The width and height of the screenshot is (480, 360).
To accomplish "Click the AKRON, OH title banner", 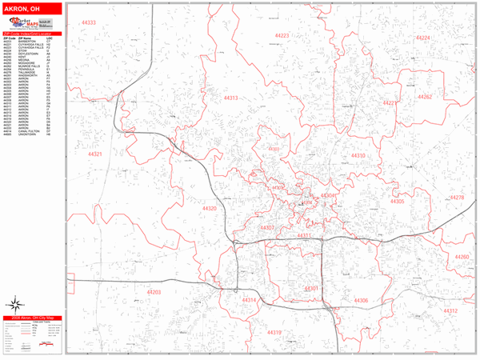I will [32, 9].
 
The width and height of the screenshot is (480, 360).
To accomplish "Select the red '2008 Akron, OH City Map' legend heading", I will [32, 318].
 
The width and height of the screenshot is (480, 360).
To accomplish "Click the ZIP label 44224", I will [424, 38].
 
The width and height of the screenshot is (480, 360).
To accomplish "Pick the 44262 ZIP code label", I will [425, 98].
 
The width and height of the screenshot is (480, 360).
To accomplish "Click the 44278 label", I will [457, 197].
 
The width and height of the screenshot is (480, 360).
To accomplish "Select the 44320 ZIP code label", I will [210, 208].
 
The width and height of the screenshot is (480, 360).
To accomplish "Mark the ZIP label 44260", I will [462, 257].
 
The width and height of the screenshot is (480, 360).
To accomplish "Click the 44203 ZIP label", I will [154, 293].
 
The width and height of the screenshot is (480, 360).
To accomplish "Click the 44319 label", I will [274, 332].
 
